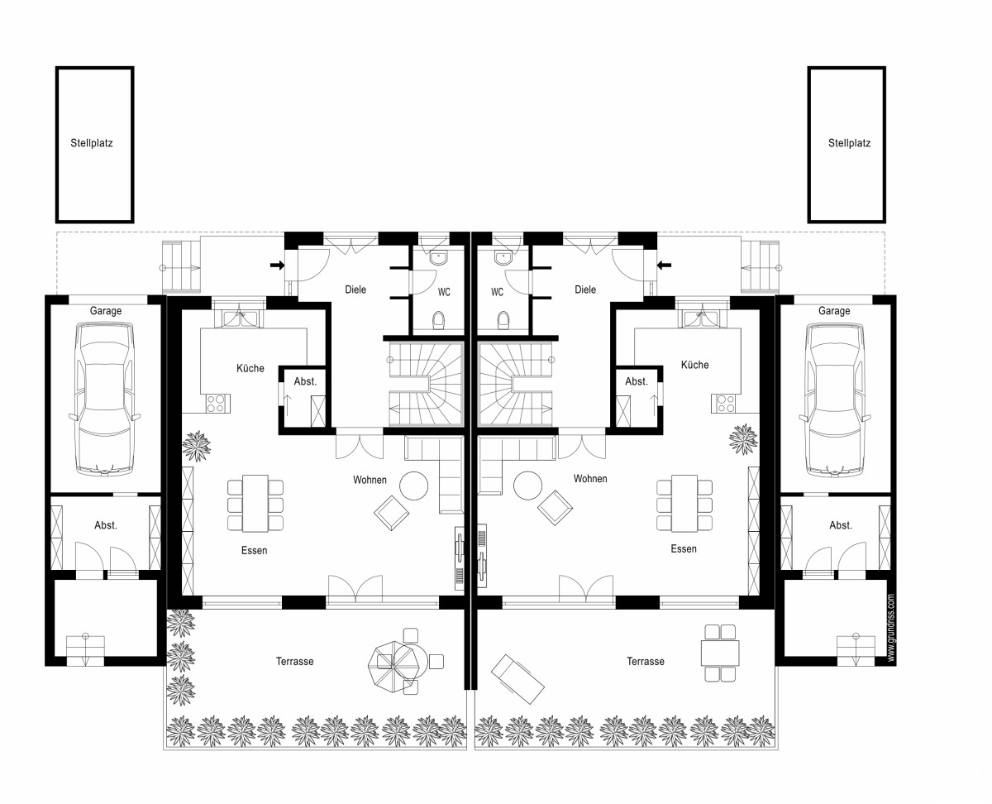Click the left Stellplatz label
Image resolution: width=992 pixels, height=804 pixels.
tap(92, 143)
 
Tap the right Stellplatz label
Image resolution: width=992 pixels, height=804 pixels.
tap(849, 143)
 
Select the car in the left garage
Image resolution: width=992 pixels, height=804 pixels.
tap(105, 400)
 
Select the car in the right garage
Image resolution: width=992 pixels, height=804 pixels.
tap(835, 400)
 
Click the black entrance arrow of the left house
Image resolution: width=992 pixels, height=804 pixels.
tap(277, 266)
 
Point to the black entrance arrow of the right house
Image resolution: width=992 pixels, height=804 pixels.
tap(664, 266)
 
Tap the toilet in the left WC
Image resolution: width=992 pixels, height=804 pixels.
tap(438, 320)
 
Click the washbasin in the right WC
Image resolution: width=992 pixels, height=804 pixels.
tap(503, 257)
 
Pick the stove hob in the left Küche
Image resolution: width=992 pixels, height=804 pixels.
tap(216, 404)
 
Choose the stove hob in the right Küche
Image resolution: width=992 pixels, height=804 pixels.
tap(726, 404)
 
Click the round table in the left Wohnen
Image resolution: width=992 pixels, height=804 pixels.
tap(414, 486)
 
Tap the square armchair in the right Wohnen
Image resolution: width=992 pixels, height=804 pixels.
tap(555, 508)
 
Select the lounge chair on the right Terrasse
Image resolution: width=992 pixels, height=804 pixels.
tap(517, 679)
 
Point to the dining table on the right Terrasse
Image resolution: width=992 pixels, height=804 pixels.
tap(720, 653)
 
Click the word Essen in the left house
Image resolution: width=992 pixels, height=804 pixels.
tap(255, 550)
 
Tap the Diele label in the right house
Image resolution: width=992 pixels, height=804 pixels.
tap(585, 290)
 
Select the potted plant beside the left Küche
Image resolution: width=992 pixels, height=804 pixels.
tap(197, 446)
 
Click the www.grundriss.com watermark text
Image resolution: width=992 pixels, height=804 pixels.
tap(891, 628)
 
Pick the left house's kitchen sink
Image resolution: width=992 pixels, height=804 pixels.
tap(240, 318)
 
